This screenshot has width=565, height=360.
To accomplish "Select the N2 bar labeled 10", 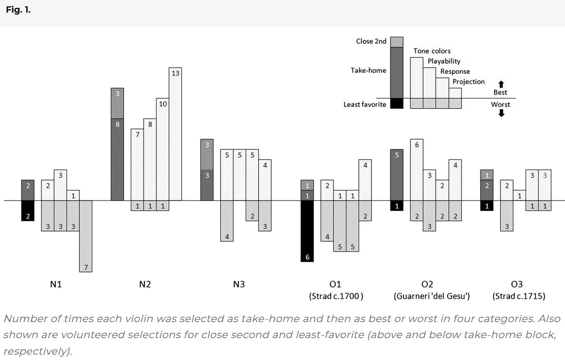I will pos(163,149).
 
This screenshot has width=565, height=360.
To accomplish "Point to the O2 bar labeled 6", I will pos(417,170).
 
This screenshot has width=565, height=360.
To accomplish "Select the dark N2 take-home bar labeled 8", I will pos(118,160).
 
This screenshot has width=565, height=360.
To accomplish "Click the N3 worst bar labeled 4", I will pos(227,221).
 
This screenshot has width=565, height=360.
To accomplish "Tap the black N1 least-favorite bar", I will pos(28,210).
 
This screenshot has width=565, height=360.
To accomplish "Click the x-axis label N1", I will pos(56,284).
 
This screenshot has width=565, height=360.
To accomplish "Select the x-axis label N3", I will pos(239,284).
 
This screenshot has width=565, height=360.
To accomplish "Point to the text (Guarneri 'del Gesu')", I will pos(431,296).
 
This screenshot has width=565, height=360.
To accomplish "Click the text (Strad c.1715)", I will pos(519,296).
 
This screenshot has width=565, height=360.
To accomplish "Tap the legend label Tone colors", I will pos(432,51).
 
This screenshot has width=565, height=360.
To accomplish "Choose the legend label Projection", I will pos(468,82).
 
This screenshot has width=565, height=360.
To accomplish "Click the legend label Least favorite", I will pos(365,104).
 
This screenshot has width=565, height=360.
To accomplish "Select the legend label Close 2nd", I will pos(371,41).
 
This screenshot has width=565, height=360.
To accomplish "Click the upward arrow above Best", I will pos(501,84).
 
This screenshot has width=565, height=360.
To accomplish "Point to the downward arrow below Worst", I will pos(501,113).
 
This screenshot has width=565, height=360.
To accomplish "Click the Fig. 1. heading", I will pos(18,10).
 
